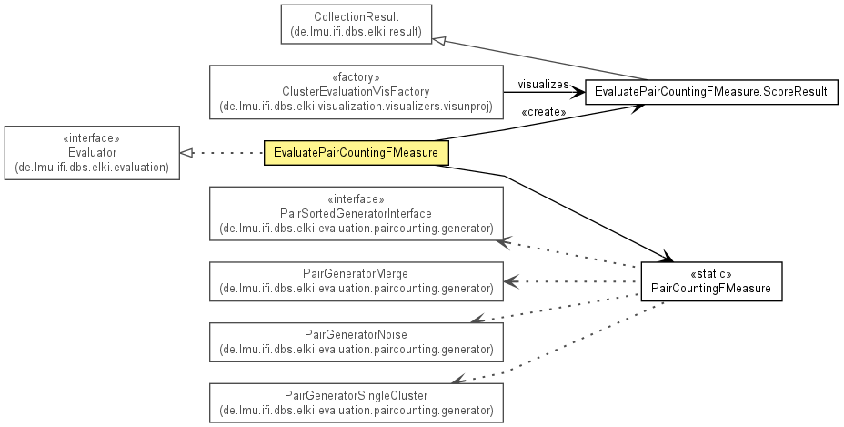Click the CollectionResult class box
point(357,25)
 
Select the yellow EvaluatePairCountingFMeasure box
point(356,153)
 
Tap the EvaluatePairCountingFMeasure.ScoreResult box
point(711,92)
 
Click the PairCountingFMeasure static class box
point(711,281)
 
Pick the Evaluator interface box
point(92,153)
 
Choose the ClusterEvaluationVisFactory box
point(356,92)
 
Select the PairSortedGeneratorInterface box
point(356,213)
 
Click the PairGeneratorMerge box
point(356,281)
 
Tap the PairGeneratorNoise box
point(356,341)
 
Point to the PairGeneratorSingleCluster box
point(356,402)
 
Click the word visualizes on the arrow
point(543,85)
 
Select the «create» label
point(544,112)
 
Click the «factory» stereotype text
point(356,77)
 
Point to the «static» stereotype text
point(711,274)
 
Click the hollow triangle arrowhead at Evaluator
point(186,153)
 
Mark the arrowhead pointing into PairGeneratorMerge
point(511,281)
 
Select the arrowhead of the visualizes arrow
point(578,92)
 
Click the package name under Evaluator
point(92,168)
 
